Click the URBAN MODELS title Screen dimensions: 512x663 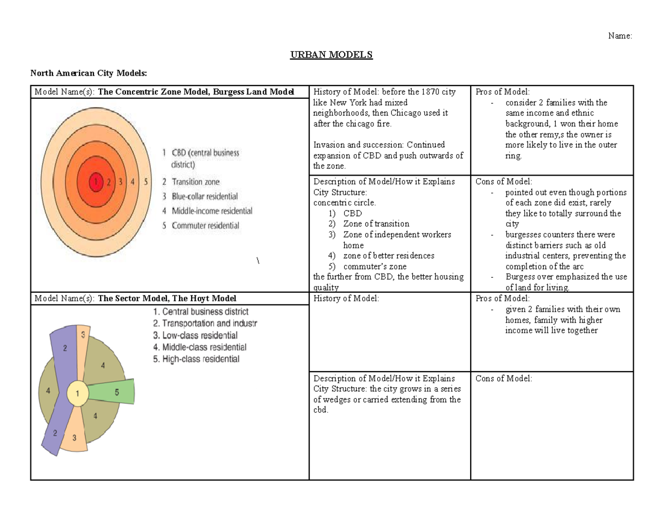[x=331, y=55]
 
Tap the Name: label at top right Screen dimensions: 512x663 [x=619, y=36]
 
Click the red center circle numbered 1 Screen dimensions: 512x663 [x=97, y=181]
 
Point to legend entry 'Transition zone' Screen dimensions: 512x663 [x=195, y=182]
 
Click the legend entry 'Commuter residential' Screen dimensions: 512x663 [x=205, y=225]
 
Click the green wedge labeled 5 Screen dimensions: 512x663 [x=116, y=393]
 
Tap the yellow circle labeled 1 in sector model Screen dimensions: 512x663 [x=78, y=394]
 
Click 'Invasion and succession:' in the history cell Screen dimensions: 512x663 [x=356, y=145]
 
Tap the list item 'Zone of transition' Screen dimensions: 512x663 [x=376, y=224]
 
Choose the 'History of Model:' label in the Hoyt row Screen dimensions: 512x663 [x=346, y=299]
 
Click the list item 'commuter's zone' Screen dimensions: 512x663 [x=375, y=266]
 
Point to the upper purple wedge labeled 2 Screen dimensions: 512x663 [x=65, y=348]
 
